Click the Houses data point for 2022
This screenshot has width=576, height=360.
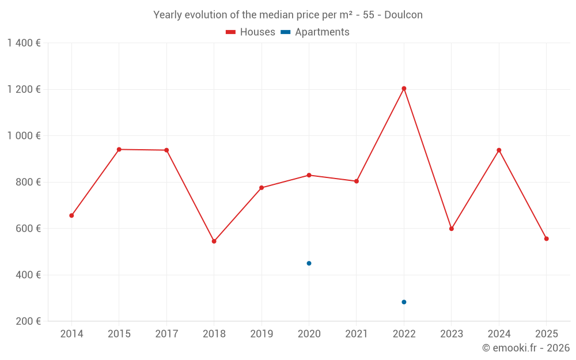(x=404, y=88)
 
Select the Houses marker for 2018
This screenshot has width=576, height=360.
(x=214, y=241)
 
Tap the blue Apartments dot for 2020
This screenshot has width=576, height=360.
(x=309, y=263)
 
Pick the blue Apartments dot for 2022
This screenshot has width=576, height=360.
(x=404, y=302)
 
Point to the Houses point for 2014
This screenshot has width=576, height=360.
(x=71, y=215)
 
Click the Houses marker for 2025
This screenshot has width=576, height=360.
(x=546, y=238)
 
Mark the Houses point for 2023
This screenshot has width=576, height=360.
(x=452, y=229)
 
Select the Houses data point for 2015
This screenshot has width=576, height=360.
(x=119, y=149)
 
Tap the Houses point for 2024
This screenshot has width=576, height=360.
(x=499, y=150)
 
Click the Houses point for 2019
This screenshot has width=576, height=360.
(x=262, y=188)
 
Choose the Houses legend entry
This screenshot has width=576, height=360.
(x=251, y=32)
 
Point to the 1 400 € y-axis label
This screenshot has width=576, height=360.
(x=24, y=43)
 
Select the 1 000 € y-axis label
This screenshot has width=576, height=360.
(x=24, y=136)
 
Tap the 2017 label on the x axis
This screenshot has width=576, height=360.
(x=166, y=334)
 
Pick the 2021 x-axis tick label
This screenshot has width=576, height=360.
(x=357, y=334)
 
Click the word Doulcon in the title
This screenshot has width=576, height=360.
(x=403, y=15)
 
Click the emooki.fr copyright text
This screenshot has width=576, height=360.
(x=525, y=348)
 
